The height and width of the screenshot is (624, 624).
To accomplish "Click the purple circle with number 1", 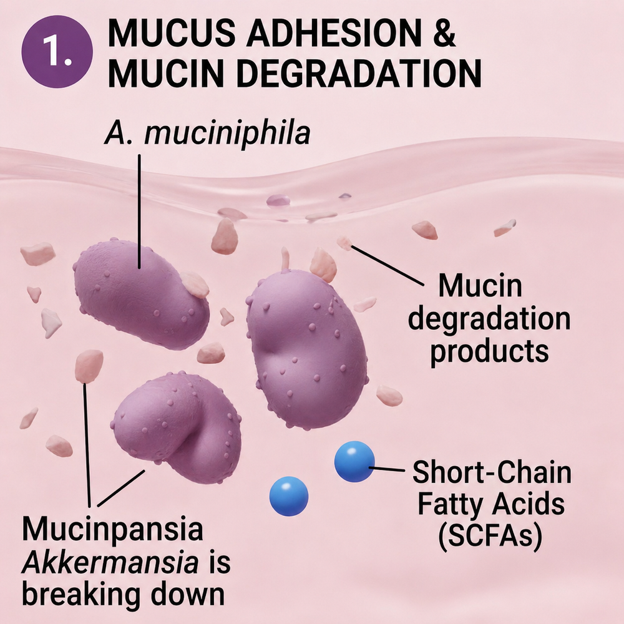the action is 57,51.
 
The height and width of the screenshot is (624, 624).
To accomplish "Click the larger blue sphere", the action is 354,461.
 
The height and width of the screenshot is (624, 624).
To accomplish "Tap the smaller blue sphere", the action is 289,496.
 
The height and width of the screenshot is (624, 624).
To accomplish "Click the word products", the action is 489,352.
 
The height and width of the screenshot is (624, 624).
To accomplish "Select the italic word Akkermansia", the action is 110,563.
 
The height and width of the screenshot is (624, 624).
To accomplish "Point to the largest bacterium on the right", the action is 307,349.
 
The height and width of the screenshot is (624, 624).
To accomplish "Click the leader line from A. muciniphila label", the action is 139,212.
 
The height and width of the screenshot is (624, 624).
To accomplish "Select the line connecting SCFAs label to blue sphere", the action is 389,469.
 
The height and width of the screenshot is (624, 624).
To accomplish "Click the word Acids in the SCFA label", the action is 528,504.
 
